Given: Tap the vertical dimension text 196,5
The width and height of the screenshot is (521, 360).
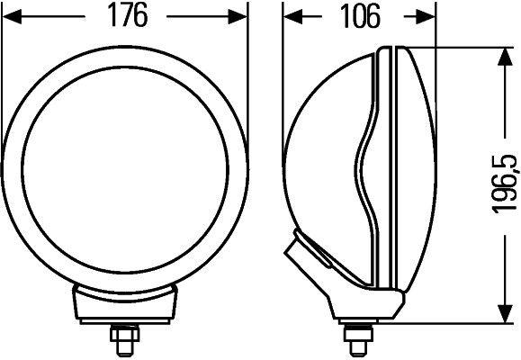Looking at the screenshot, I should tap(505, 184).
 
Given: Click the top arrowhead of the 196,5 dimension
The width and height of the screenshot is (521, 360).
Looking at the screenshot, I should tap(501, 56).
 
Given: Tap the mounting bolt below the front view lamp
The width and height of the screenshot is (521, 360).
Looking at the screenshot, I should tap(123, 339).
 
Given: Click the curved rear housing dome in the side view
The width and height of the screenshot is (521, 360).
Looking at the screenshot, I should tap(324, 162).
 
